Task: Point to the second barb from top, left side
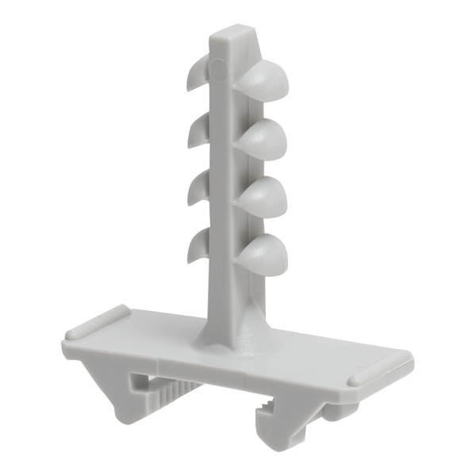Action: point(198,130)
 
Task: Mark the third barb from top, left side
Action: point(198,187)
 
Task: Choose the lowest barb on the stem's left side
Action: point(198,245)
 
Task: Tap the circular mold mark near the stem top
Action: point(217,71)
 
